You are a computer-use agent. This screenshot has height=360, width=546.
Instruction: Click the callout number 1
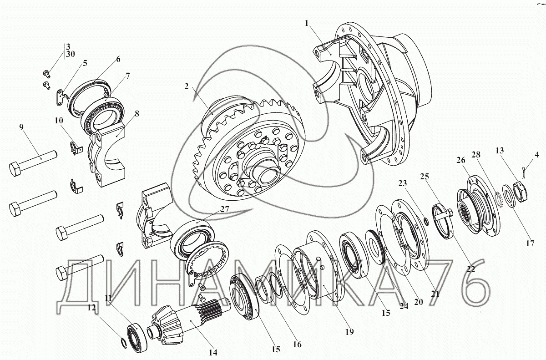tap(307, 23)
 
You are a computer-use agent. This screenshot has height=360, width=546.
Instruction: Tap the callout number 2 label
tap(187, 86)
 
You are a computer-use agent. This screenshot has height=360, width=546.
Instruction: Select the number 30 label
tap(71, 54)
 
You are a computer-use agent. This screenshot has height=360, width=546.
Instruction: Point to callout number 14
tap(213, 352)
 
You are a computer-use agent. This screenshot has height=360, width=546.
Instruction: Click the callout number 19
tap(349, 332)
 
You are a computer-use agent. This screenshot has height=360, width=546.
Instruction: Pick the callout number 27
tap(225, 209)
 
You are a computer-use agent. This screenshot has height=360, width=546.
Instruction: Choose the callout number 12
tap(91, 308)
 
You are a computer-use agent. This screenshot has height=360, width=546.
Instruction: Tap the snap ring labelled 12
tap(124, 343)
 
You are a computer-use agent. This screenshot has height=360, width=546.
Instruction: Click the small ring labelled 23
tap(425, 221)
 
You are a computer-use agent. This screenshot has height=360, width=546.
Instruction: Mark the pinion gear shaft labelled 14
tap(187, 322)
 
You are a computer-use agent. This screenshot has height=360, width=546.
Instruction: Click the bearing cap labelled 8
tap(107, 153)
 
